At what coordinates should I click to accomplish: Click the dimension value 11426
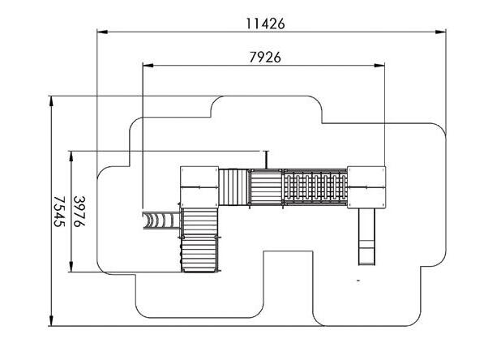265,24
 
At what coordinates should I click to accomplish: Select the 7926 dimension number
265,58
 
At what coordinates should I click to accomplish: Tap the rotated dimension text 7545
59,212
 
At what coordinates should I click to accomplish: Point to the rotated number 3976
79,212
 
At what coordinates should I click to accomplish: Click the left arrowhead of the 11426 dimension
102,32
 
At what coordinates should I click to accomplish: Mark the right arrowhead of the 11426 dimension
441,32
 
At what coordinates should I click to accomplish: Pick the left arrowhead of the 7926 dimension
148,66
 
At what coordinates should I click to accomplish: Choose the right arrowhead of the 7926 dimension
379,66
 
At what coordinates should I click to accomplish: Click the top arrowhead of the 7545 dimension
51,101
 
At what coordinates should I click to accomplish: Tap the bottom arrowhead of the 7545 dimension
51,320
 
